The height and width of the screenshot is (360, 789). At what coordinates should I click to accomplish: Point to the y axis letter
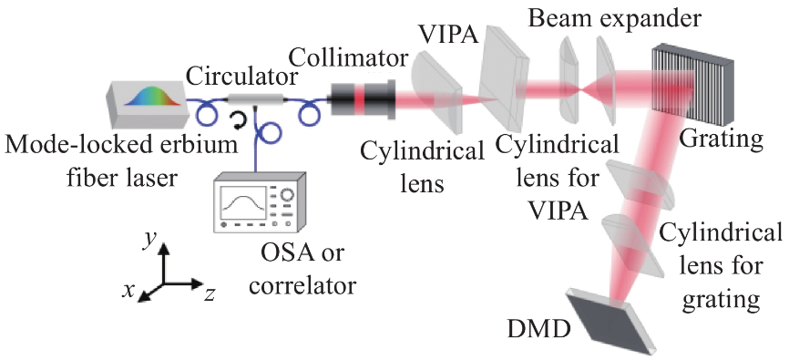tap(147, 242)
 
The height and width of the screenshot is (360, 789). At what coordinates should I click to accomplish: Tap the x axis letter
tap(129, 290)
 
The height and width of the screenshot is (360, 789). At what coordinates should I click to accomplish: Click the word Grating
tap(721, 139)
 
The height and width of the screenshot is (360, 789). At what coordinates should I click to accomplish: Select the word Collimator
tap(349, 59)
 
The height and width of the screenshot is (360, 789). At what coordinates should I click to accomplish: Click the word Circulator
tap(240, 78)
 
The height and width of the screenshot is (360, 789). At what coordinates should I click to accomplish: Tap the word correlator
tap(302, 286)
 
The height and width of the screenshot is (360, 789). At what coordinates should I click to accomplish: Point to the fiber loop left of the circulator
tap(207, 116)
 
